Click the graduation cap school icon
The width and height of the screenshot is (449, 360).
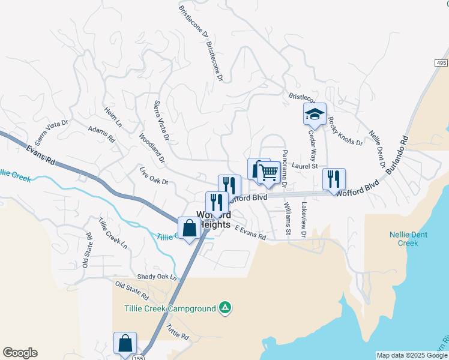(x=315, y=113)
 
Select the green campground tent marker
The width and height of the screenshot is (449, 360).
(x=224, y=308)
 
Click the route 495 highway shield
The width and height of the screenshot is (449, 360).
(x=442, y=63)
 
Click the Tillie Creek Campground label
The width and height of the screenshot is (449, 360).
(x=170, y=308)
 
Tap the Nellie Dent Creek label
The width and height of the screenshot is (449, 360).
(x=408, y=239)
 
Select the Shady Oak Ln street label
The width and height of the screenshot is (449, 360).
(x=157, y=277)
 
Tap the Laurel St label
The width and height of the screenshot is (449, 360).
(x=304, y=166)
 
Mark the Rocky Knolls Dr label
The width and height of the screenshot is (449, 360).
(x=346, y=131)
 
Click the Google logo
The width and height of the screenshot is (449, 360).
(x=20, y=353)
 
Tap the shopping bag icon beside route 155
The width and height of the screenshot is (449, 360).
(x=125, y=343)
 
